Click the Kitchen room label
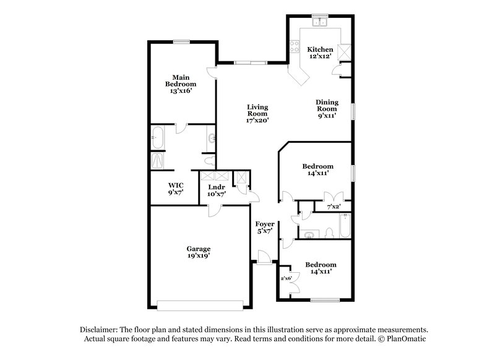pyautogui.click(x=321, y=49)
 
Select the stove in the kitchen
pyautogui.click(x=293, y=47)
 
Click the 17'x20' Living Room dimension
pyautogui.click(x=257, y=121)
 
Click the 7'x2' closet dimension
pyautogui.click(x=334, y=206)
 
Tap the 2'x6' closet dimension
pyautogui.click(x=286, y=278)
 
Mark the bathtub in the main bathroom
pyautogui.click(x=158, y=137)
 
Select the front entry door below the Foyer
pyautogui.click(x=264, y=259)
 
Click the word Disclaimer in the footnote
pyautogui.click(x=101, y=330)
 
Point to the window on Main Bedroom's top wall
pyautogui.click(x=181, y=41)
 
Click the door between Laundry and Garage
pyautogui.click(x=214, y=209)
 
